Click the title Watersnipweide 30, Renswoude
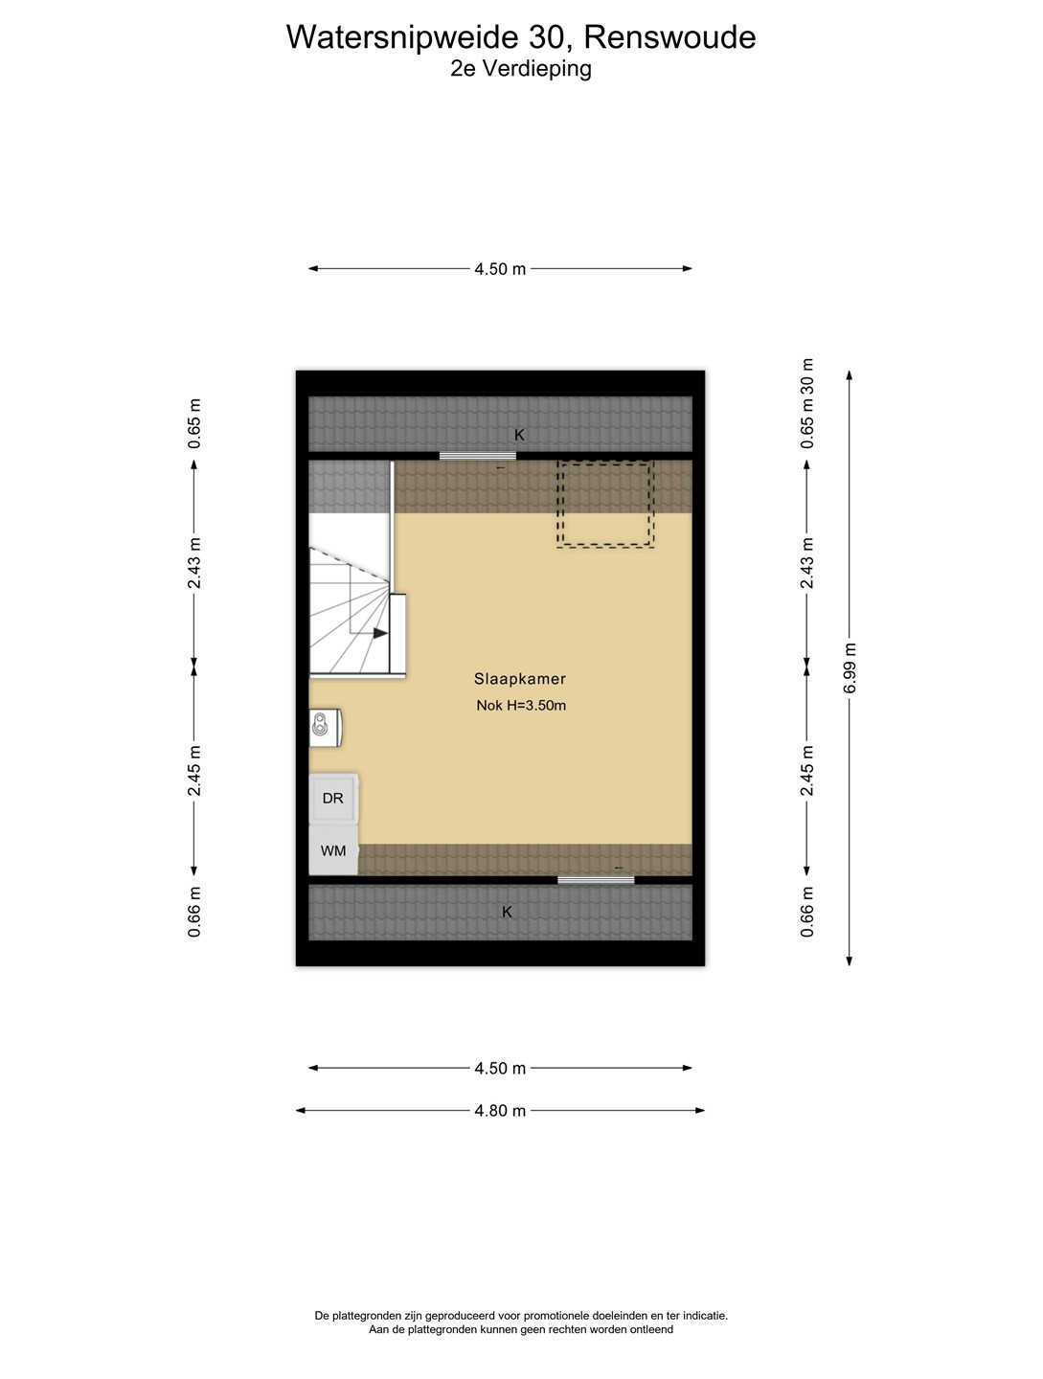pos(521,37)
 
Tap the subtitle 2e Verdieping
pos(521,69)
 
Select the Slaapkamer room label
pos(520,679)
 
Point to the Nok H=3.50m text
pos(521,706)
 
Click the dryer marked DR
pos(333,798)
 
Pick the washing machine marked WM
pos(333,850)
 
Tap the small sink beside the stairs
pos(325,728)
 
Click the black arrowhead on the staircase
pos(381,633)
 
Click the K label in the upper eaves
pos(519,435)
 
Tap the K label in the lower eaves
pos(507,912)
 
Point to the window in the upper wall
pos(478,456)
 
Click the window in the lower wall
pos(596,880)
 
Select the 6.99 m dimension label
pos(850,667)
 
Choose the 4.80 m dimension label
pos(500,1110)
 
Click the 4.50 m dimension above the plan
pos(500,269)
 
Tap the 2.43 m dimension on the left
pos(194,563)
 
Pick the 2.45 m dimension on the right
pos(806,770)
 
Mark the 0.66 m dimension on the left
pos(194,912)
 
